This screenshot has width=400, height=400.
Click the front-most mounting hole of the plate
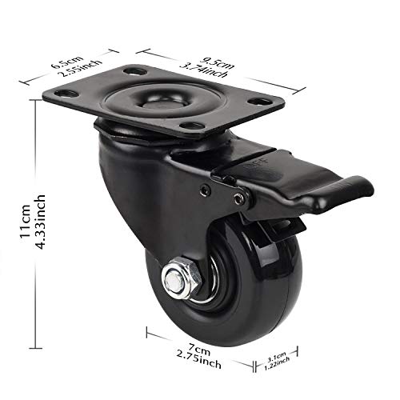pyautogui.click(x=190, y=129)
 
